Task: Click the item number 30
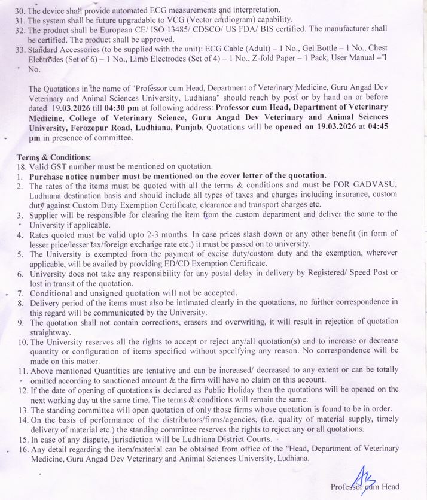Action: [22, 9]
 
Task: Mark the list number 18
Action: [22, 166]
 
